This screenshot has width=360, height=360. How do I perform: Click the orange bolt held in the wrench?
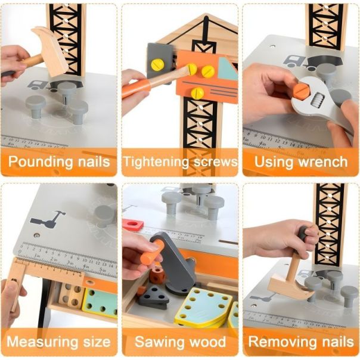click(302, 90)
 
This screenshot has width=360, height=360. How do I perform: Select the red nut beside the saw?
click(133, 225)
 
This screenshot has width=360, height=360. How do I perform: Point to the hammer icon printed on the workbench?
click(48, 220)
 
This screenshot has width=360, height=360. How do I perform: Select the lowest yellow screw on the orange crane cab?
click(197, 94)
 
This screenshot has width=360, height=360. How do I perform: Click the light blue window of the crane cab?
click(227, 69)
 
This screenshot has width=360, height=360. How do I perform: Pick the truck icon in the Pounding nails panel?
click(37, 85)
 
